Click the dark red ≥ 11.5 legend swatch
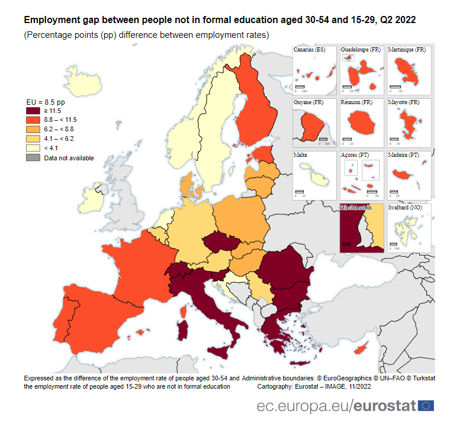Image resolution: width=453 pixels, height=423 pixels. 33,111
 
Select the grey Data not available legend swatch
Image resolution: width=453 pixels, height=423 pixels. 33,158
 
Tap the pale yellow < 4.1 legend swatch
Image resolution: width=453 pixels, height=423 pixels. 33,148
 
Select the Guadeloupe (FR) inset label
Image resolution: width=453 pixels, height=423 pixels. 361,50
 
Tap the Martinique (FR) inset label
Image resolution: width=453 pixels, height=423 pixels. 407,50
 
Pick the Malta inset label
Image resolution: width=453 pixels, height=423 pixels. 300,155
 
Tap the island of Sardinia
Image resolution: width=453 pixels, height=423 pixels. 184,333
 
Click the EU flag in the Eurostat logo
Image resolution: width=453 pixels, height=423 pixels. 426,405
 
